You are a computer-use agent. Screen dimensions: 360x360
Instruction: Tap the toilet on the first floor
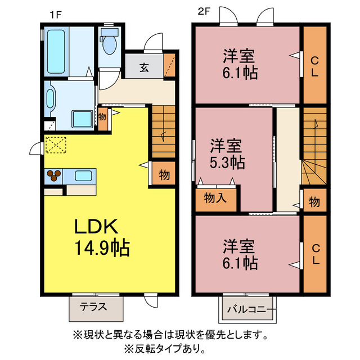(109, 42)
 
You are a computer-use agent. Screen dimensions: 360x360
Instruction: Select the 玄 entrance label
(144, 68)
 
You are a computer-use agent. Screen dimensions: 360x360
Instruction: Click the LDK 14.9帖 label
(102, 237)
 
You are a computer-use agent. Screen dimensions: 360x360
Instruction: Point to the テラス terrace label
(94, 308)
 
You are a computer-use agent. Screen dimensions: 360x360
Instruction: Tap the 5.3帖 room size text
(228, 163)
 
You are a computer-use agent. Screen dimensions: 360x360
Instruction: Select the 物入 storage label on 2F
(216, 197)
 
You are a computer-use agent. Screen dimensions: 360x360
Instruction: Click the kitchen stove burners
(55, 177)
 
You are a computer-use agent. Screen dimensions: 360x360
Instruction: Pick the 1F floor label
(55, 12)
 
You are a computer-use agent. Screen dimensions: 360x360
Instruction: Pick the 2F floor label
(204, 12)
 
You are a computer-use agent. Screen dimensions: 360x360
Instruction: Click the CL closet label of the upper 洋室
(314, 66)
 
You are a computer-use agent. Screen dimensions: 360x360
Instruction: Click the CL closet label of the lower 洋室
(314, 254)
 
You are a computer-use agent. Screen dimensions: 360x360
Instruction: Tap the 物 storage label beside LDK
(164, 175)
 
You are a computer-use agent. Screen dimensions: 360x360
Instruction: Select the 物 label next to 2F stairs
(314, 201)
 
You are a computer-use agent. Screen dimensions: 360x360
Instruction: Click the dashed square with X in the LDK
(56, 145)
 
